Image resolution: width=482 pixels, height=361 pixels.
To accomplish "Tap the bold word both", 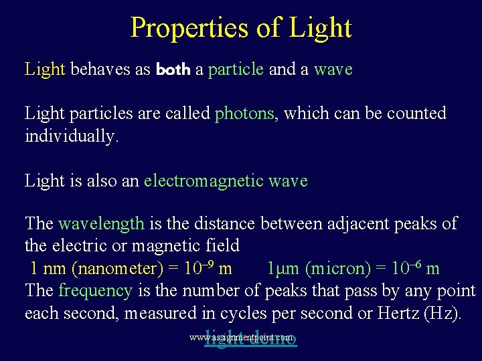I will (173, 70).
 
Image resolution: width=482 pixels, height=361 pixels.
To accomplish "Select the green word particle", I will (236, 70).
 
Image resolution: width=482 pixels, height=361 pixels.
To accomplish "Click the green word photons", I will (244, 114).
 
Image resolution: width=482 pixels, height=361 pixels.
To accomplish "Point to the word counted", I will (416, 114).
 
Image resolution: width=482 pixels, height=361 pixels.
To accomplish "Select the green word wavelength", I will (101, 223).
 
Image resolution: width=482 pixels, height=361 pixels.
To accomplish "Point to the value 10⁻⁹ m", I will (209, 269).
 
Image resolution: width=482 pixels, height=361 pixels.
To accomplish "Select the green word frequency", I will (95, 291).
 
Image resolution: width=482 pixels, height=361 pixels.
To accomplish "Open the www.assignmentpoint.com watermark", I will (241, 338).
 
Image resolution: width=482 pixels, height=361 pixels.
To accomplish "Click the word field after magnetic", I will (218, 246).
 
